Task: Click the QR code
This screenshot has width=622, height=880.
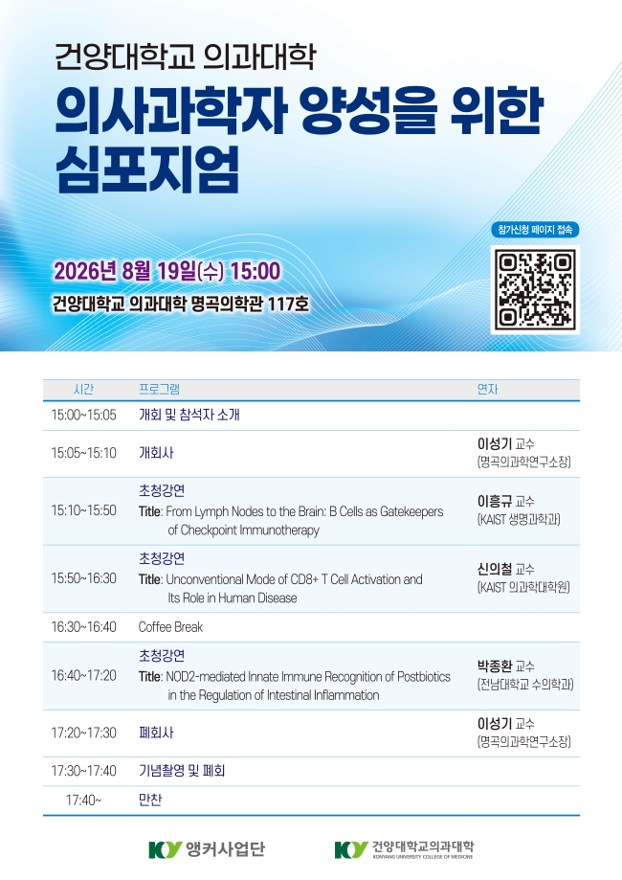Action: (x=535, y=289)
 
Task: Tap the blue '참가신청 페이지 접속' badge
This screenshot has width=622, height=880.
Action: (x=535, y=230)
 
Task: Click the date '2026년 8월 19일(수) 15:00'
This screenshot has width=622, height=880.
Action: (x=167, y=271)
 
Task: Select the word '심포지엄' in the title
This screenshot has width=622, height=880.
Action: (x=147, y=169)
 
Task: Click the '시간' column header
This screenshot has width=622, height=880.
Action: (x=83, y=389)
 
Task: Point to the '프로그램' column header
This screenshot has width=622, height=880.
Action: (x=159, y=389)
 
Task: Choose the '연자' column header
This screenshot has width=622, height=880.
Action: (x=487, y=389)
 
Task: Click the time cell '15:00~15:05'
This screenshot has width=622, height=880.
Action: (x=83, y=416)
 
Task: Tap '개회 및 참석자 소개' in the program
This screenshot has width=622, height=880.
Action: (x=189, y=415)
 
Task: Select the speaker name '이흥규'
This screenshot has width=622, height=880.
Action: (x=495, y=501)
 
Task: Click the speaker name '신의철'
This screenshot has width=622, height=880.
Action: (x=495, y=569)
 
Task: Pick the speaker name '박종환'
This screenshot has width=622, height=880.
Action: (x=495, y=666)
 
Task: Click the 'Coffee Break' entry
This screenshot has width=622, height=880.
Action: (x=170, y=627)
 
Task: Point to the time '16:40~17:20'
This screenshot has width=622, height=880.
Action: (x=83, y=676)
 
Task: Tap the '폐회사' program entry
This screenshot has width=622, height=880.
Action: (x=156, y=733)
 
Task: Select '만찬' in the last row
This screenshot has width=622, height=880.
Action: (x=149, y=800)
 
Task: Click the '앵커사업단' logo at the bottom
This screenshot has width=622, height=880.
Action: (x=207, y=849)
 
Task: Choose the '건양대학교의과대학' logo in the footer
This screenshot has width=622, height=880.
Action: (x=404, y=849)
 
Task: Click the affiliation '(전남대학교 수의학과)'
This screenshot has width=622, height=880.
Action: (x=525, y=684)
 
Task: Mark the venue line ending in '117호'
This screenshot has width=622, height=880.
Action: (x=181, y=304)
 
